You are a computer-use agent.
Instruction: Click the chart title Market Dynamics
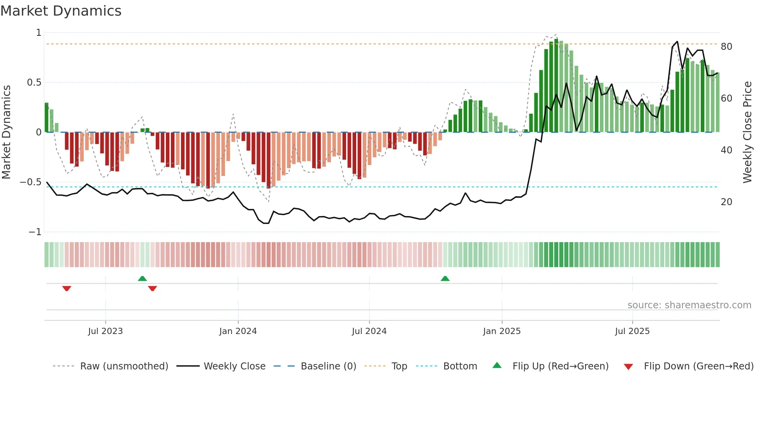click(61, 11)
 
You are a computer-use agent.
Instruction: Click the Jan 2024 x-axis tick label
click(238, 331)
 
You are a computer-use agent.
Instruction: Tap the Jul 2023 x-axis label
click(105, 331)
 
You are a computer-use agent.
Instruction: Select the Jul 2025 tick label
click(632, 331)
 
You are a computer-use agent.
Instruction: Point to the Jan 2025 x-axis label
click(502, 331)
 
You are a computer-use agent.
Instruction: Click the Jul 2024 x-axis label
click(369, 331)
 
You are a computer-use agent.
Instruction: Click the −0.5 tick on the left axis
click(30, 182)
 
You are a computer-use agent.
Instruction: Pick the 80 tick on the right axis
click(726, 47)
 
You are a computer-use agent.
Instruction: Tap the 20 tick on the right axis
click(726, 202)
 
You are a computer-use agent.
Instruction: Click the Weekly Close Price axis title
click(747, 132)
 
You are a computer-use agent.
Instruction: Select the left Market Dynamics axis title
click(6, 132)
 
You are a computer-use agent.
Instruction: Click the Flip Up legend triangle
click(497, 365)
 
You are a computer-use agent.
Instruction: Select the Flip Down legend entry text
click(698, 366)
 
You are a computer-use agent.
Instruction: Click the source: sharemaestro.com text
click(689, 305)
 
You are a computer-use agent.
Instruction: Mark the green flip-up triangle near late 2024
click(445, 278)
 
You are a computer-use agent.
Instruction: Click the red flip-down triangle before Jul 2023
click(67, 288)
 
